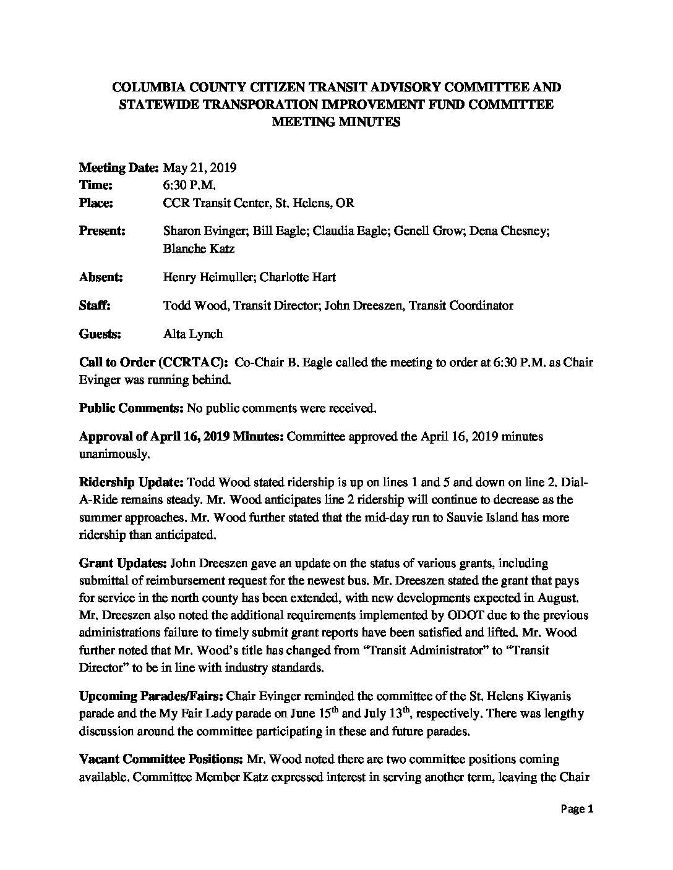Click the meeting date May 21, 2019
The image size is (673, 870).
point(201,167)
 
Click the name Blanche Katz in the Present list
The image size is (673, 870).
point(190,248)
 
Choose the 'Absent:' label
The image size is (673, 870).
point(101,277)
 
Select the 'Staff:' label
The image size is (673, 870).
point(95,305)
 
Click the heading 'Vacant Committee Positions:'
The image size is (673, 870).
point(162,759)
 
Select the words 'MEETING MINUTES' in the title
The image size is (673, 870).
point(336,122)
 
